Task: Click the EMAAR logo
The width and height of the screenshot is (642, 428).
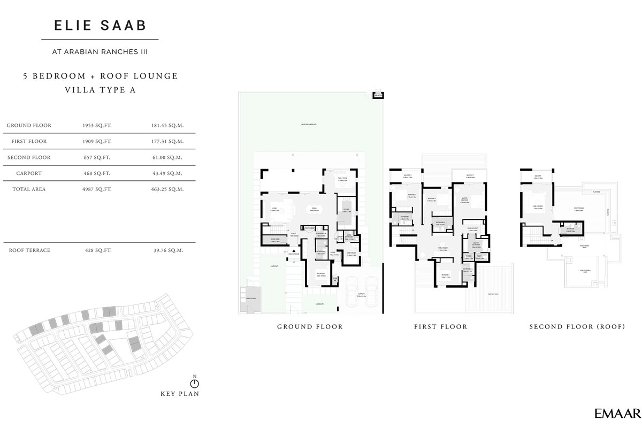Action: pyautogui.click(x=616, y=413)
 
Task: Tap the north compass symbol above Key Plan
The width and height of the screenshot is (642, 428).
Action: pyautogui.click(x=194, y=383)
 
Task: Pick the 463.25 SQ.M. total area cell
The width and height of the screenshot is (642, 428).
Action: pyautogui.click(x=168, y=189)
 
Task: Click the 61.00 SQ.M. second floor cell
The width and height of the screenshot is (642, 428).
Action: pyautogui.click(x=168, y=158)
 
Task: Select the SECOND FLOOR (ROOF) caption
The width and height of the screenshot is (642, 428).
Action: pyautogui.click(x=577, y=327)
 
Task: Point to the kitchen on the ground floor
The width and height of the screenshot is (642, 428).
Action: pyautogui.click(x=346, y=210)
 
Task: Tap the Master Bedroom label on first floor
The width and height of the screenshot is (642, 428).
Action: pyautogui.click(x=464, y=200)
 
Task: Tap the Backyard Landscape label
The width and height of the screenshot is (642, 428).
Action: pyautogui.click(x=309, y=124)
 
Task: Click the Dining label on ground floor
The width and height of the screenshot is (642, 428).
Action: pyautogui.click(x=314, y=210)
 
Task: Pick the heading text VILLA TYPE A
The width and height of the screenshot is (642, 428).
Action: pyautogui.click(x=101, y=90)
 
